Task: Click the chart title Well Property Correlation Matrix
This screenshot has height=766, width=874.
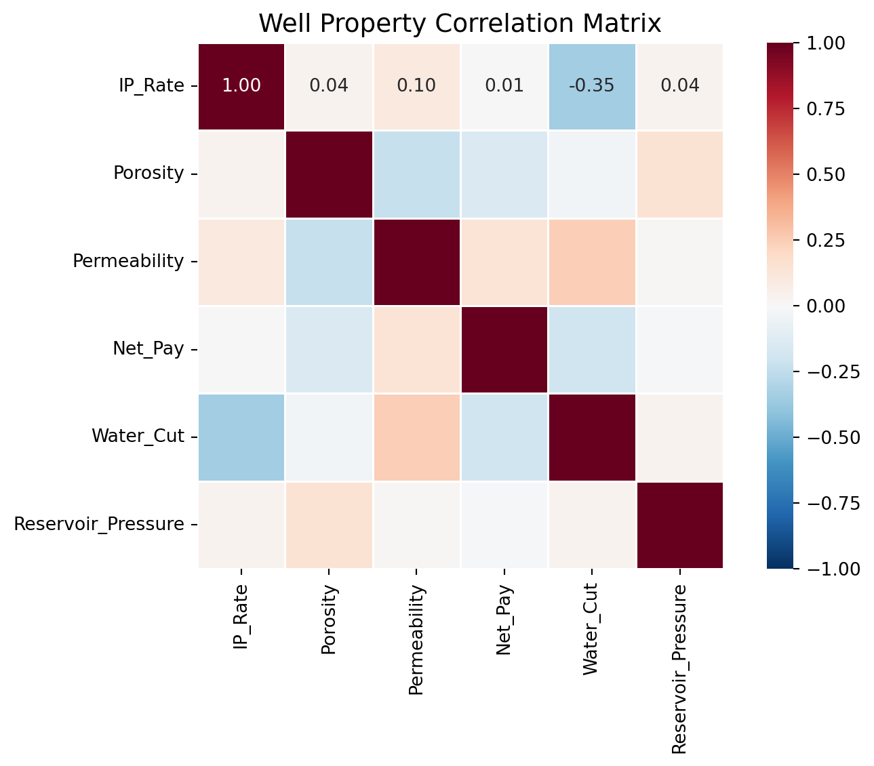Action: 460,24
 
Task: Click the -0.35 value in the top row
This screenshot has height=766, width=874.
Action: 591,86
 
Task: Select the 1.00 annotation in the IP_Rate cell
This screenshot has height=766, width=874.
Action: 241,86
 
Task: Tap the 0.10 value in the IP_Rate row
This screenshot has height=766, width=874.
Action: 416,86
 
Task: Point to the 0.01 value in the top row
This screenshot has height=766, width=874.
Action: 504,86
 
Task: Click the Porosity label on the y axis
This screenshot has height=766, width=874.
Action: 148,174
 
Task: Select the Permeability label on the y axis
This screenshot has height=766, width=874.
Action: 128,261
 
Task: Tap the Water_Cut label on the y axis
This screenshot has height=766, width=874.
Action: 138,437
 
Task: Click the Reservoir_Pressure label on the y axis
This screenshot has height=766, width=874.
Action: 99,524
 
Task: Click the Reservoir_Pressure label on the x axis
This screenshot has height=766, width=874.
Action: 679,668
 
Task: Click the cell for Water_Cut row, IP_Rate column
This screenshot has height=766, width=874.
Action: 241,437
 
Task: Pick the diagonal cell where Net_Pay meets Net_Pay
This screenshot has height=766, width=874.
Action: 504,349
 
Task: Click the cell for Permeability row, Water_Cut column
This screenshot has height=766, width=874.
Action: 591,261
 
